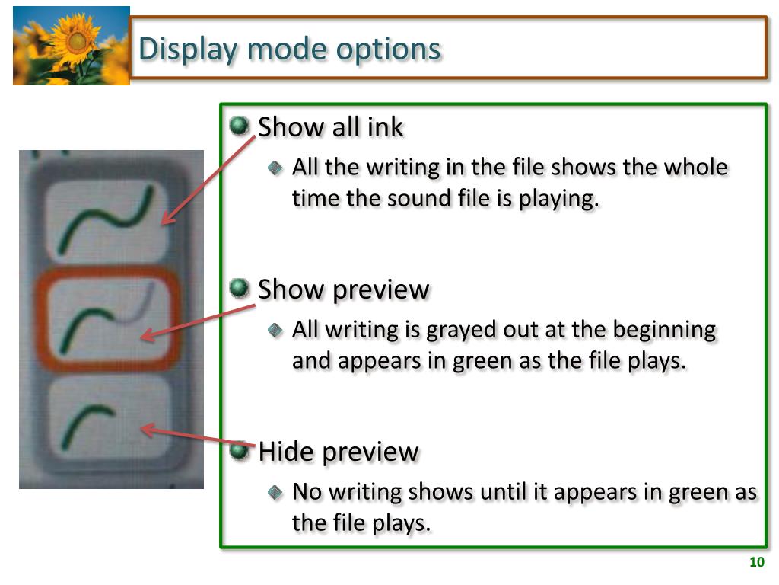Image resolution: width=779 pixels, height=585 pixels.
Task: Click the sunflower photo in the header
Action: pyautogui.click(x=71, y=46)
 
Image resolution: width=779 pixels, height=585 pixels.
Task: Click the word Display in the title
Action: pyautogui.click(x=189, y=50)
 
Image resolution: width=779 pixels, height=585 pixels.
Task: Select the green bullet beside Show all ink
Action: pyautogui.click(x=240, y=126)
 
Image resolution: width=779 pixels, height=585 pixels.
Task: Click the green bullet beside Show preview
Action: pyautogui.click(x=240, y=287)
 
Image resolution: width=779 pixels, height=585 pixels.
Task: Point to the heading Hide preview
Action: pyautogui.click(x=339, y=452)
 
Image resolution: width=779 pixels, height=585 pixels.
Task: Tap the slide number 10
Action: pyautogui.click(x=757, y=561)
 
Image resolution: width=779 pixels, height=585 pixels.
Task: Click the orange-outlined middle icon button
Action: pyautogui.click(x=107, y=319)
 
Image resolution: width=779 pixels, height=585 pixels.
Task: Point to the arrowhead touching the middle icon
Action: pyautogui.click(x=148, y=334)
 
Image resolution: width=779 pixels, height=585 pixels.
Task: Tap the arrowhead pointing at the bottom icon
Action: pyautogui.click(x=148, y=429)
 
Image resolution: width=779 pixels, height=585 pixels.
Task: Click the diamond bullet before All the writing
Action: pyautogui.click(x=275, y=168)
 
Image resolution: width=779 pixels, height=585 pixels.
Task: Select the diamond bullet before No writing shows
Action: pyautogui.click(x=275, y=493)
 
